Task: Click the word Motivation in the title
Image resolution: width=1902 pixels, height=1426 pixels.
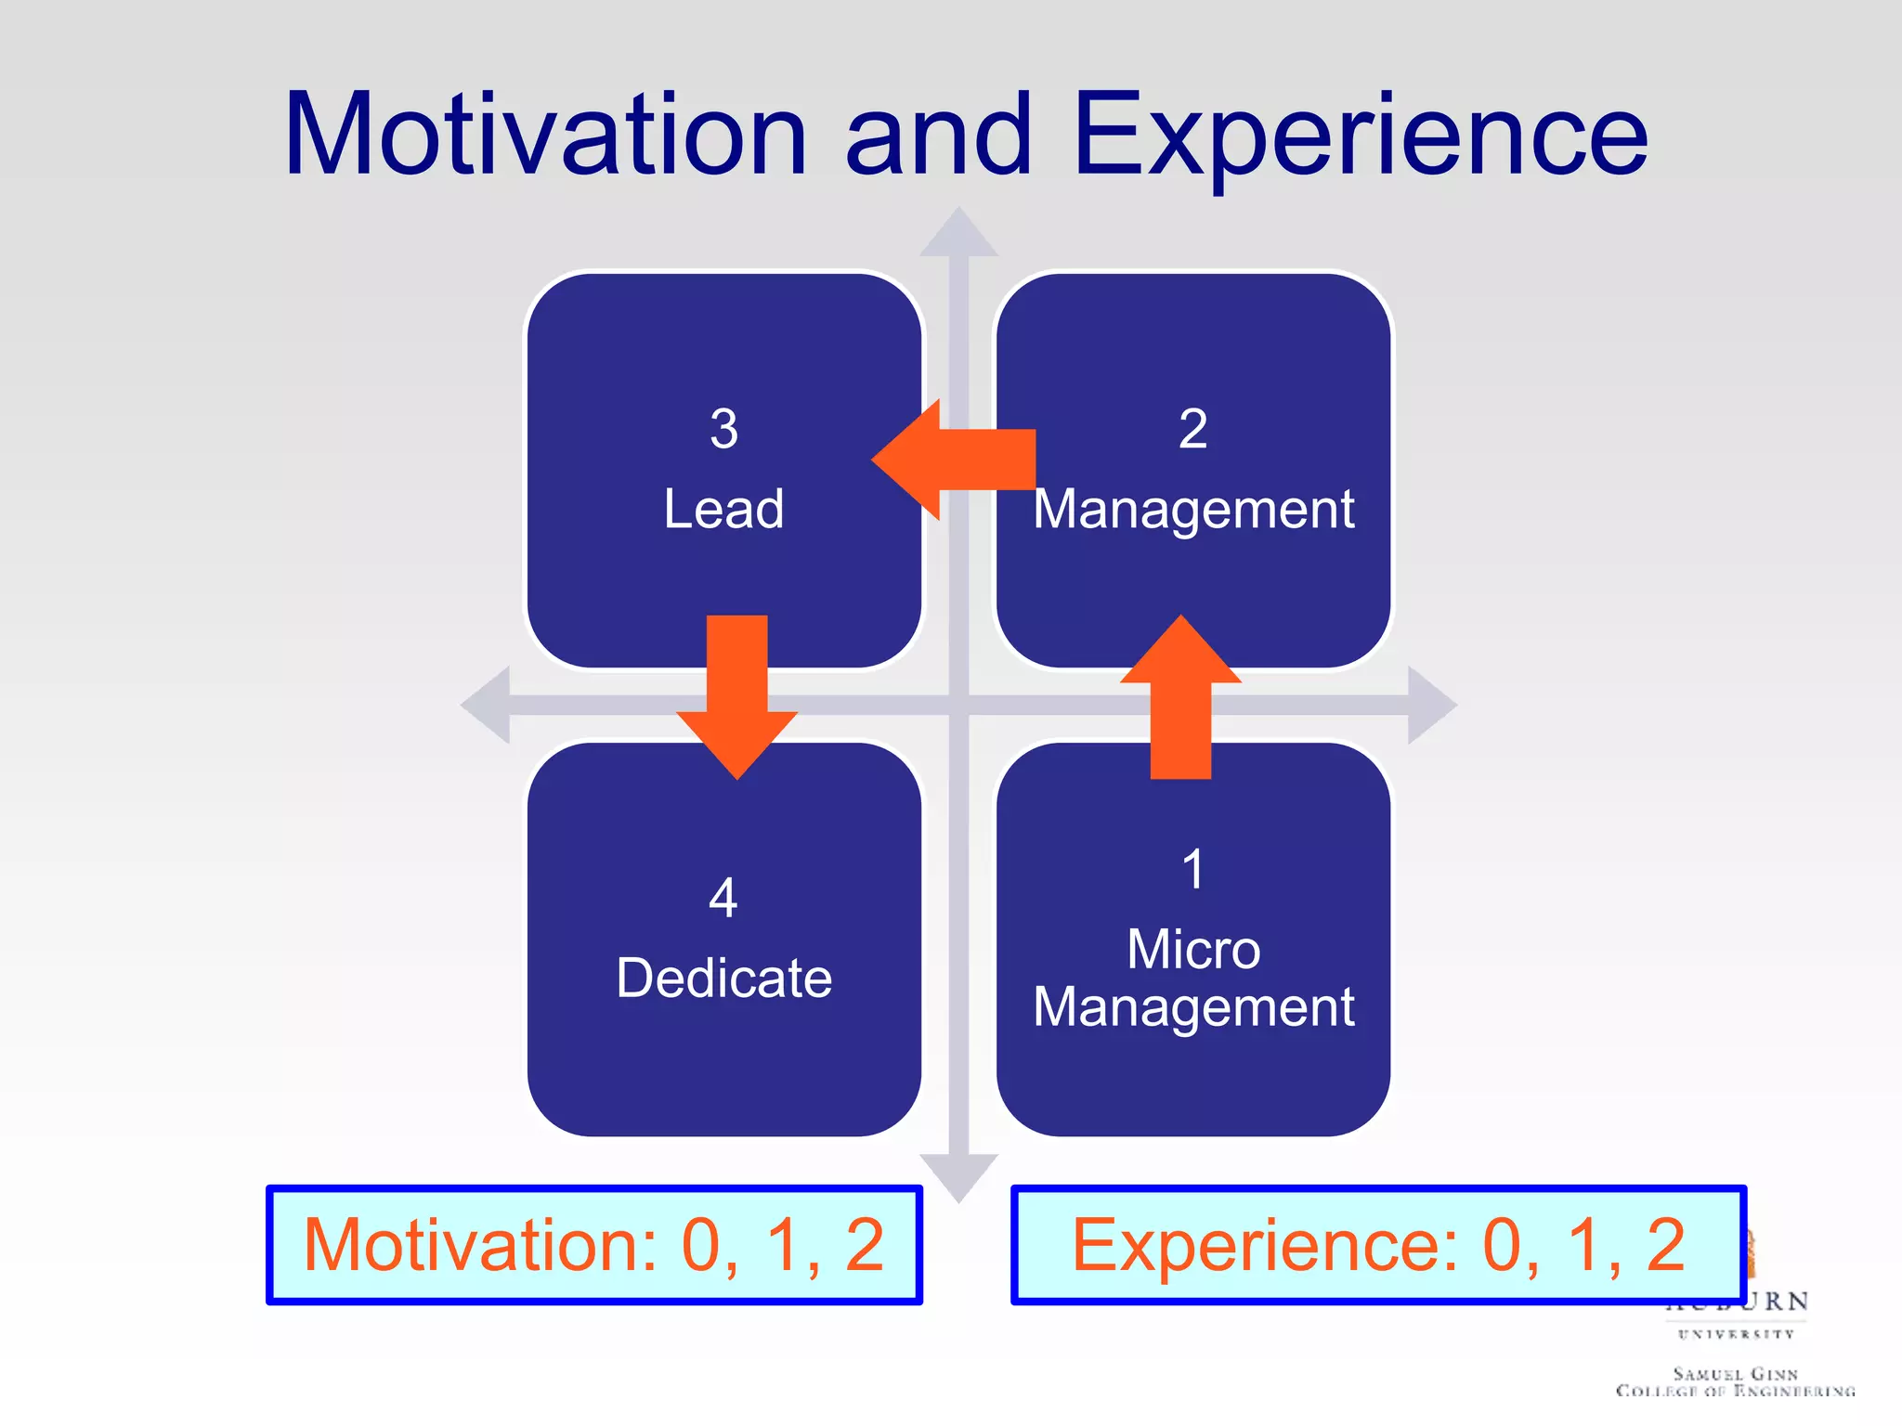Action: [546, 135]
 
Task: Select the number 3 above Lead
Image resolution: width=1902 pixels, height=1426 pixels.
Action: [723, 429]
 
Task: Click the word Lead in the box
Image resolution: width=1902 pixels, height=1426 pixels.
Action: [723, 509]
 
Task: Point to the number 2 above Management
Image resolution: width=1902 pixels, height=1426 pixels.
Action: [1192, 429]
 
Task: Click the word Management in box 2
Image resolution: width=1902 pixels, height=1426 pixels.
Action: [1193, 511]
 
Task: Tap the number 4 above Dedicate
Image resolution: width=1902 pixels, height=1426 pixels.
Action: [723, 898]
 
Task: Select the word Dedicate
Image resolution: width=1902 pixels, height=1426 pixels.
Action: [723, 978]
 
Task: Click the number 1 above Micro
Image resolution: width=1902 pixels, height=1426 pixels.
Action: [1193, 870]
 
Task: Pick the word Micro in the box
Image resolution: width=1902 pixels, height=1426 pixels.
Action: [1193, 949]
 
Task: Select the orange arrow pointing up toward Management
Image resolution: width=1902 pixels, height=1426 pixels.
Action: [1180, 696]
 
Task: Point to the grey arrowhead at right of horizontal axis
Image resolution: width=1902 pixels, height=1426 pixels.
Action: [1429, 706]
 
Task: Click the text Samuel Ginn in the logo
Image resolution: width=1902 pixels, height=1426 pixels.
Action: [1735, 1373]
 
